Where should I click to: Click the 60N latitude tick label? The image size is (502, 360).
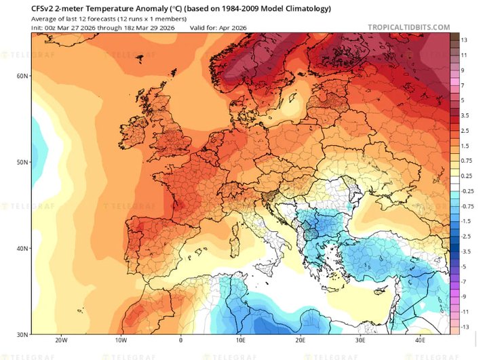tap(22, 77)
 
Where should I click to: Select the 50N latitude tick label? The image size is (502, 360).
tap(22, 163)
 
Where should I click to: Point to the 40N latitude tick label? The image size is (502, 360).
tap(22, 248)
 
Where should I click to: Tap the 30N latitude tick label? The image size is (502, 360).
tap(22, 334)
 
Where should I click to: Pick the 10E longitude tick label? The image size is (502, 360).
tap(241, 340)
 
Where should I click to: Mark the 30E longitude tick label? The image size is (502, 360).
tap(361, 340)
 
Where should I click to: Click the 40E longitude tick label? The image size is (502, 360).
tap(421, 340)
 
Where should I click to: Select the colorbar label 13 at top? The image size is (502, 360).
tap(465, 41)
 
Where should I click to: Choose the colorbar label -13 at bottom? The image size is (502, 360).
tap(466, 327)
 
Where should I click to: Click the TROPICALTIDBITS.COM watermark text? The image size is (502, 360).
tap(408, 27)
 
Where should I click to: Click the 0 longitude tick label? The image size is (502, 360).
tap(180, 340)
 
